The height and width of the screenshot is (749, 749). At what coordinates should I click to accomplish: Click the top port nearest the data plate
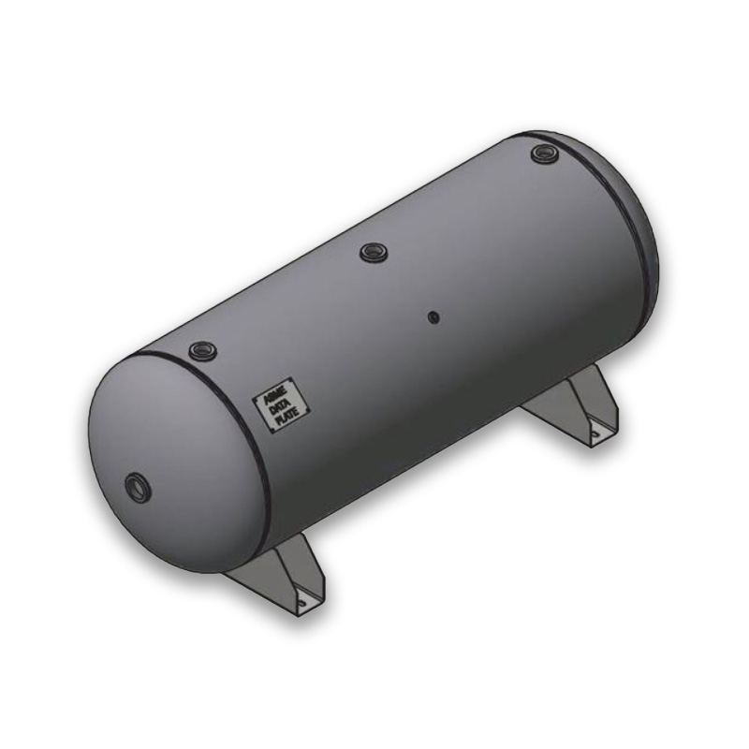tap(201, 350)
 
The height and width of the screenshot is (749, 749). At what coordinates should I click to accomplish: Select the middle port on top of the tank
tap(373, 250)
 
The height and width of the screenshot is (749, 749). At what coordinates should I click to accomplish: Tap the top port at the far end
tap(543, 153)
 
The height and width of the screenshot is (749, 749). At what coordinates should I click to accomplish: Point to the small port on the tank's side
tap(433, 316)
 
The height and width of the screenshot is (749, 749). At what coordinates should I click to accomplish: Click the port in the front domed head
tap(137, 486)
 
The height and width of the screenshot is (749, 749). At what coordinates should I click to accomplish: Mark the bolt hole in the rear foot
tap(594, 433)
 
